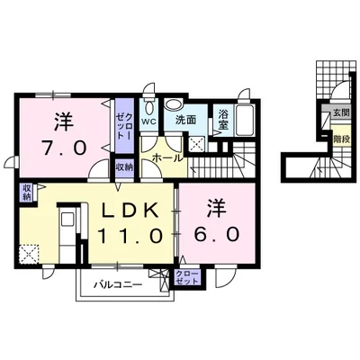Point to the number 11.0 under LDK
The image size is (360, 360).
(131, 236)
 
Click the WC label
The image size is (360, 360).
(148, 121)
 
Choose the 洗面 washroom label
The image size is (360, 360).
(186, 120)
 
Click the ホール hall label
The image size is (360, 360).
(166, 157)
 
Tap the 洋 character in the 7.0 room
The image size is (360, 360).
(61, 119)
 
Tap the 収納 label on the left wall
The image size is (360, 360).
(27, 191)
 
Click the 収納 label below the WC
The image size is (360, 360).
(123, 167)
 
